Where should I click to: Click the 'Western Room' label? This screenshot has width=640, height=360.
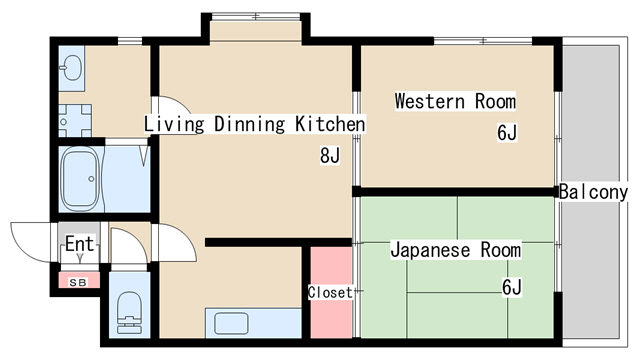[454, 101]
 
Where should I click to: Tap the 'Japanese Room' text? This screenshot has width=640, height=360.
[455, 249]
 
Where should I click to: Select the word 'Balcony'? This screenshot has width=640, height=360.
[593, 192]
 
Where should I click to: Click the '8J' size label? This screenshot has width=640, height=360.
[330, 156]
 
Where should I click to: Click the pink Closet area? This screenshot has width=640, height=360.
[330, 292]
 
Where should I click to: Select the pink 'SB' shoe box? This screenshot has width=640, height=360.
[78, 282]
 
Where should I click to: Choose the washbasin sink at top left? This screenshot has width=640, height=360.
[72, 69]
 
